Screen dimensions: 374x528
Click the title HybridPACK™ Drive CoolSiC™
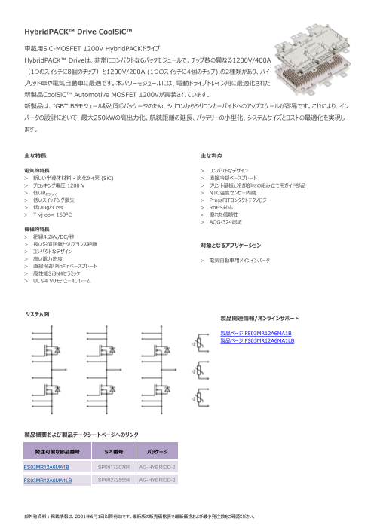[x=78, y=32]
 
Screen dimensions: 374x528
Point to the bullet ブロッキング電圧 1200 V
[x=61, y=185]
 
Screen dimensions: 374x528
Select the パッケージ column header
[x=156, y=452]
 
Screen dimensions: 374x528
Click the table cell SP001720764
[x=115, y=467]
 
